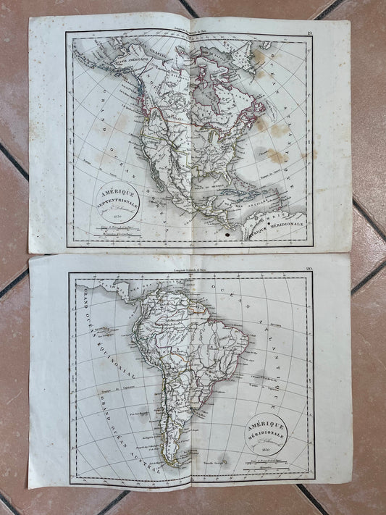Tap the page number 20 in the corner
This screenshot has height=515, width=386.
(308, 269)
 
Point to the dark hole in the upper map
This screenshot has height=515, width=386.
(230, 234)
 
